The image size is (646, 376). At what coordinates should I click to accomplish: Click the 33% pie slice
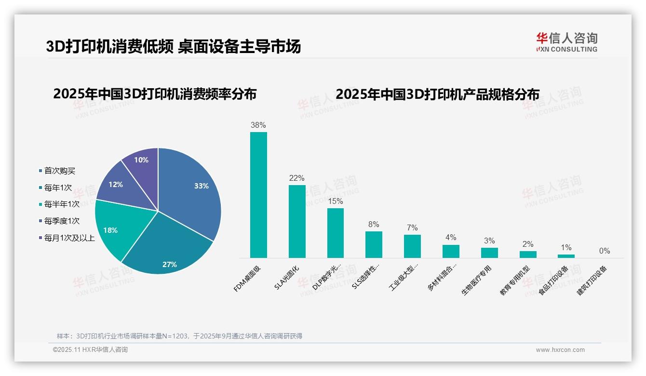click(x=193, y=188)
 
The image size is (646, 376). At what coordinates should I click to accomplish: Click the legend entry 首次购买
click(x=60, y=171)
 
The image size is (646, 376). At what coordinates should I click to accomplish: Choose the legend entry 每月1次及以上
click(x=69, y=238)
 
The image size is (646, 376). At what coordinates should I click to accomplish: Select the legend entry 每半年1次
click(x=62, y=204)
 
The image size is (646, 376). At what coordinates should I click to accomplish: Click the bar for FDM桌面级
click(x=258, y=195)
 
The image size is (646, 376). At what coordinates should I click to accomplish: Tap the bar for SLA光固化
click(x=297, y=222)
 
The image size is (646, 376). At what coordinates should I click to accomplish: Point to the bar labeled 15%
click(x=336, y=233)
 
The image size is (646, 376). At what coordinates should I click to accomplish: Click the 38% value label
click(x=258, y=125)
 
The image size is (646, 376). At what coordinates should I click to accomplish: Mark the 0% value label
click(x=605, y=251)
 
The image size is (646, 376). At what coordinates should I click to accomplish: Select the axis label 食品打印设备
click(x=553, y=280)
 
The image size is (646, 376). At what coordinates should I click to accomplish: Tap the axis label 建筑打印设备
click(x=592, y=280)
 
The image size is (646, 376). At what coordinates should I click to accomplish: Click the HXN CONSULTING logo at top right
click(x=566, y=42)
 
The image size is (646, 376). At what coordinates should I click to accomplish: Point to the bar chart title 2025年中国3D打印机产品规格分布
click(x=437, y=94)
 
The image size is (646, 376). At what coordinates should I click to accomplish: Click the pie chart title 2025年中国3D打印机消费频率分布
click(x=155, y=94)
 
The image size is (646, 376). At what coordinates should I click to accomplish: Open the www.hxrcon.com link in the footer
click(x=560, y=350)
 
